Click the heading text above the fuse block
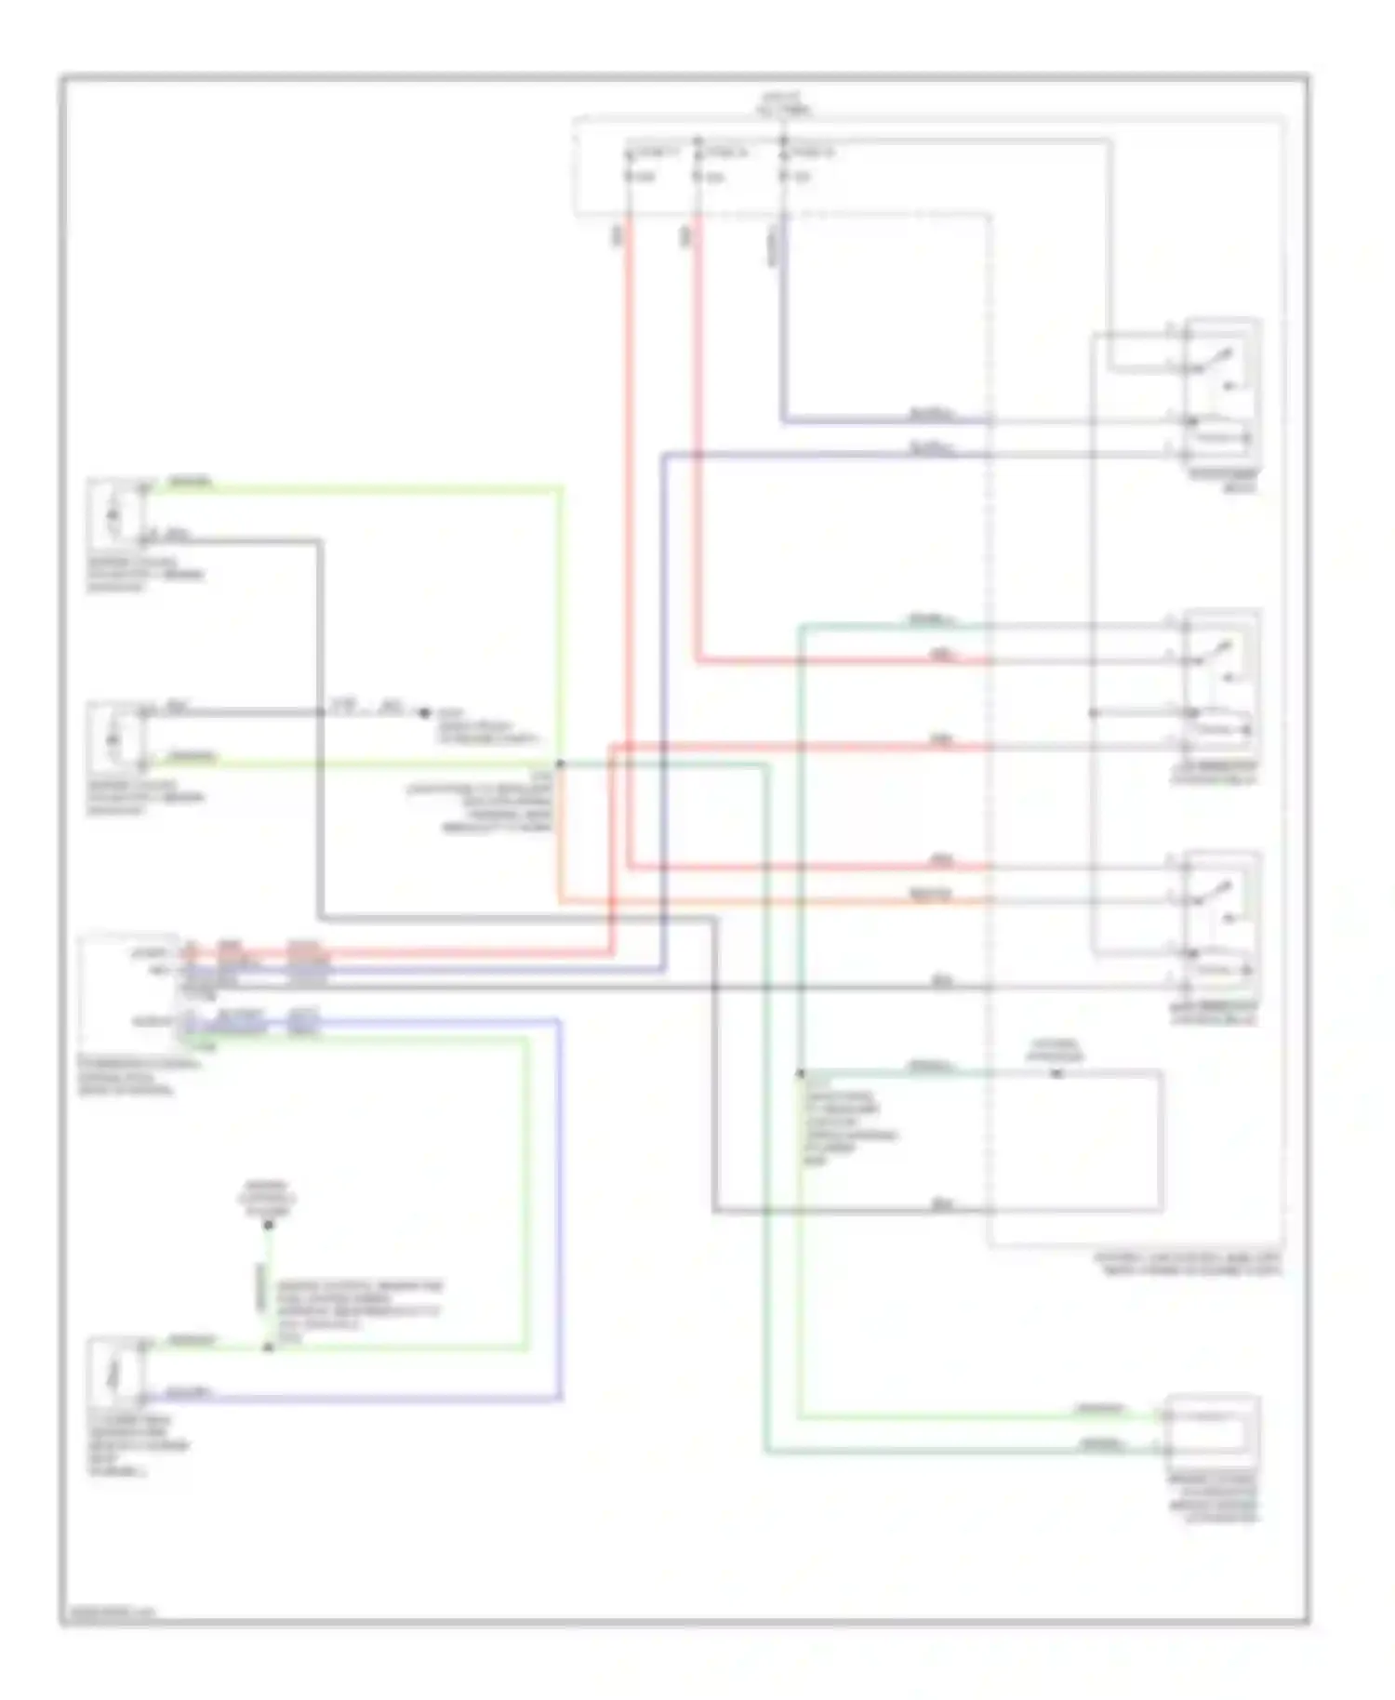[783, 103]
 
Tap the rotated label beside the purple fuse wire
[772, 246]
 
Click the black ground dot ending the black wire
[424, 713]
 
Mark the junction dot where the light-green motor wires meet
[560, 764]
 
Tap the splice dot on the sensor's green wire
[268, 1347]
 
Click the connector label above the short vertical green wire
[267, 1199]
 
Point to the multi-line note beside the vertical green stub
[359, 1311]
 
